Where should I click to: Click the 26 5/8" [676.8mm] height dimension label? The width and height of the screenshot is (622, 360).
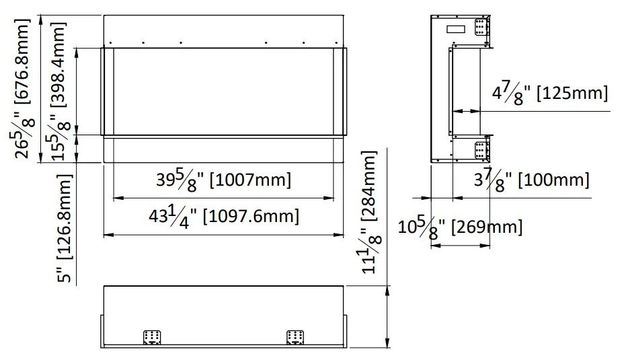click(23, 87)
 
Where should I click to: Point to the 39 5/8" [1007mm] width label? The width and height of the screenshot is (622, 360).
click(224, 180)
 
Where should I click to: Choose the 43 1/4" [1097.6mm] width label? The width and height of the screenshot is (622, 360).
click(224, 217)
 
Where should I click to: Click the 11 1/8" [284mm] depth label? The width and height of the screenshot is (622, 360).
click(371, 212)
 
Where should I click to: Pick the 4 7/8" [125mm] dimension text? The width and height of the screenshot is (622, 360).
click(549, 93)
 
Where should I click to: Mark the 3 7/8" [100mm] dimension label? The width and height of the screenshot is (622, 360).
click(531, 180)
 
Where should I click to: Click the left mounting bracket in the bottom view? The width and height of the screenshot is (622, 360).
click(153, 336)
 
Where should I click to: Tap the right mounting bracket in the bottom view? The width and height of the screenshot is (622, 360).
click(295, 336)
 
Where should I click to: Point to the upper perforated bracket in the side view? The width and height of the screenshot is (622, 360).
click(481, 28)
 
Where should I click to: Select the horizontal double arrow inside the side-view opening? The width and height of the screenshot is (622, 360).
click(466, 110)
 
